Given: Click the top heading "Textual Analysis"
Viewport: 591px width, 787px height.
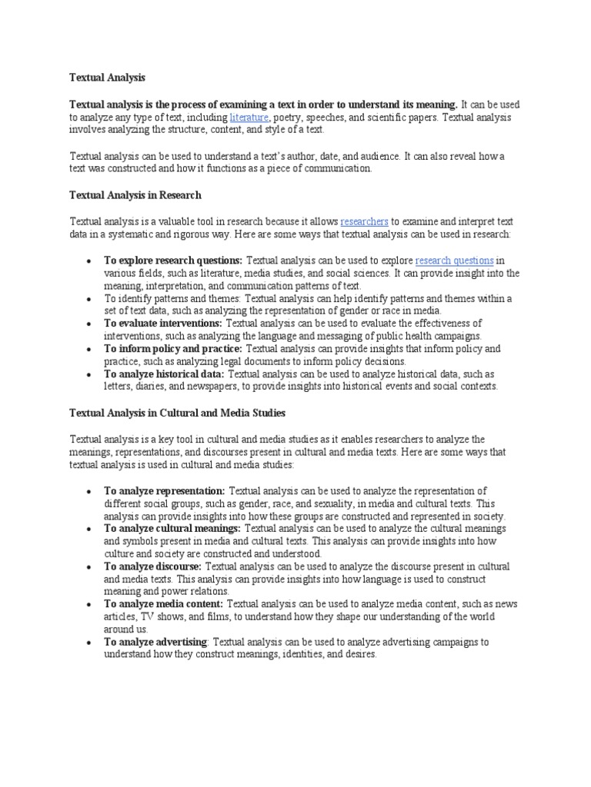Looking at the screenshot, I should (x=107, y=78).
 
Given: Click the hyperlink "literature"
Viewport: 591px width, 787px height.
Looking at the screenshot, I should (x=249, y=117).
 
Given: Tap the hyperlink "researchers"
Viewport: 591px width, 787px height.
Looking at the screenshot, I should (x=364, y=221).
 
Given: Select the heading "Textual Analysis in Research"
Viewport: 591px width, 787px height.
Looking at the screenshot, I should (x=135, y=195).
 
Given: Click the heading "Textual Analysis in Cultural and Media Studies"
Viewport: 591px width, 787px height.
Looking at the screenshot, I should (x=178, y=413).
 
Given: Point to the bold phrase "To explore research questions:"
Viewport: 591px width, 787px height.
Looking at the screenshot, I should (x=173, y=260).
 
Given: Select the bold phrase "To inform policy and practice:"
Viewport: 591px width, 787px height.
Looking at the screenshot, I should (x=173, y=348).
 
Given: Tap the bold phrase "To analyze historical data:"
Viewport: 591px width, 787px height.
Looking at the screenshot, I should (x=165, y=374).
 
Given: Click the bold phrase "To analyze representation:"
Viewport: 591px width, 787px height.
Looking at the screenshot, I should (x=165, y=490).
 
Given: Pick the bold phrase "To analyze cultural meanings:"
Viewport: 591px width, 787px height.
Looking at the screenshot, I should (x=172, y=528).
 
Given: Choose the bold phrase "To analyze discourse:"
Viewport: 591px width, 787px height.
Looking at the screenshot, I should (x=152, y=566).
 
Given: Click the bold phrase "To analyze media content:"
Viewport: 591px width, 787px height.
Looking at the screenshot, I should (x=164, y=604).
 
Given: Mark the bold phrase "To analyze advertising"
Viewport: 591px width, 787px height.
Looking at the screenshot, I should (x=155, y=642).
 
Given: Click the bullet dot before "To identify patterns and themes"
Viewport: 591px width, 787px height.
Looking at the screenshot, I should (x=90, y=298).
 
